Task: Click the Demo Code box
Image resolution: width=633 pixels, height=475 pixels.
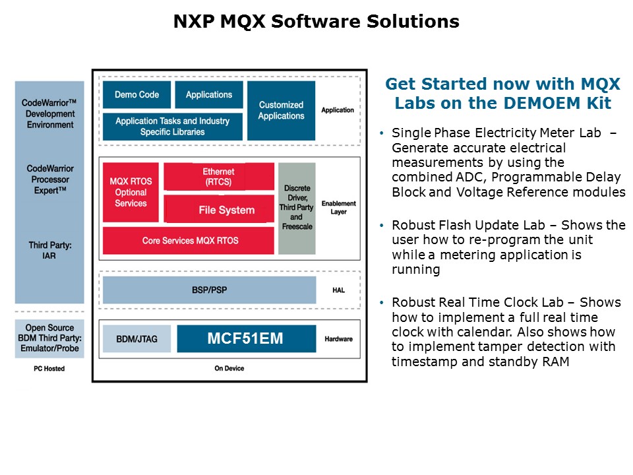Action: click(136, 94)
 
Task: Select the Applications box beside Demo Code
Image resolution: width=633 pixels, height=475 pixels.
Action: click(209, 94)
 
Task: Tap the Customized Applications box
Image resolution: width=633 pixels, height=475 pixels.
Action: click(281, 111)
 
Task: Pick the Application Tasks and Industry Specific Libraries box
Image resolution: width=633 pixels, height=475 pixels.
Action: click(172, 127)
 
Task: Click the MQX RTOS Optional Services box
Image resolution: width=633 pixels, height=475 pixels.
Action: click(131, 192)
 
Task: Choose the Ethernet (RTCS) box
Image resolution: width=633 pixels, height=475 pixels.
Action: click(219, 177)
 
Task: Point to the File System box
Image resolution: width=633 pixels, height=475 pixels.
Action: click(219, 209)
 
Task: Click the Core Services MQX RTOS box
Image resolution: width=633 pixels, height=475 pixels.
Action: click(189, 240)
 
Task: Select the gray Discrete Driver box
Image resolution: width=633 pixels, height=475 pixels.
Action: click(297, 208)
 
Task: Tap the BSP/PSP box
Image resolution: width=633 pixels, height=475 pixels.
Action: click(210, 290)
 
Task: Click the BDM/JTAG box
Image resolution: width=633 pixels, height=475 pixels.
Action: click(136, 339)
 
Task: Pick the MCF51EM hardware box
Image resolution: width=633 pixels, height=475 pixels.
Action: click(246, 338)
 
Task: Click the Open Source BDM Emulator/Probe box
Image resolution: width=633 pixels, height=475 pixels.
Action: click(49, 338)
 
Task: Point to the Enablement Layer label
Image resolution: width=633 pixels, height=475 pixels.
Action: click(339, 208)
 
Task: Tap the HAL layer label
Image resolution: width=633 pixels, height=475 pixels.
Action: click(339, 290)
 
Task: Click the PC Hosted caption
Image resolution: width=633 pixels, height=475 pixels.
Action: click(49, 368)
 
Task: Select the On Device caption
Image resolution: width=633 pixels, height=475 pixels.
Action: click(229, 368)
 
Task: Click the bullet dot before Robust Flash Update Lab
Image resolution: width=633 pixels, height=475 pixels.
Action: click(382, 226)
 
